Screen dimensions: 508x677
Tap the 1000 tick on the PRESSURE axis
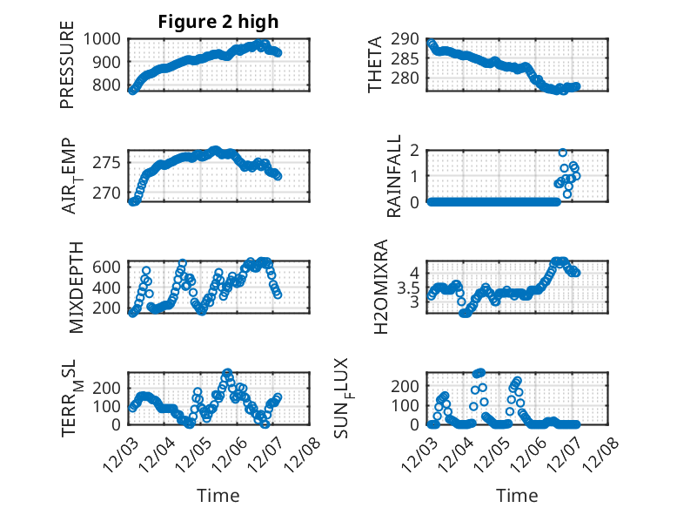104,39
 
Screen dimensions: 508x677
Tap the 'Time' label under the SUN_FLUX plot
517,496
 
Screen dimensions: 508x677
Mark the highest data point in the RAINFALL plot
563,152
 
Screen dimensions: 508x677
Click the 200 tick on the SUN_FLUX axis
409,385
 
